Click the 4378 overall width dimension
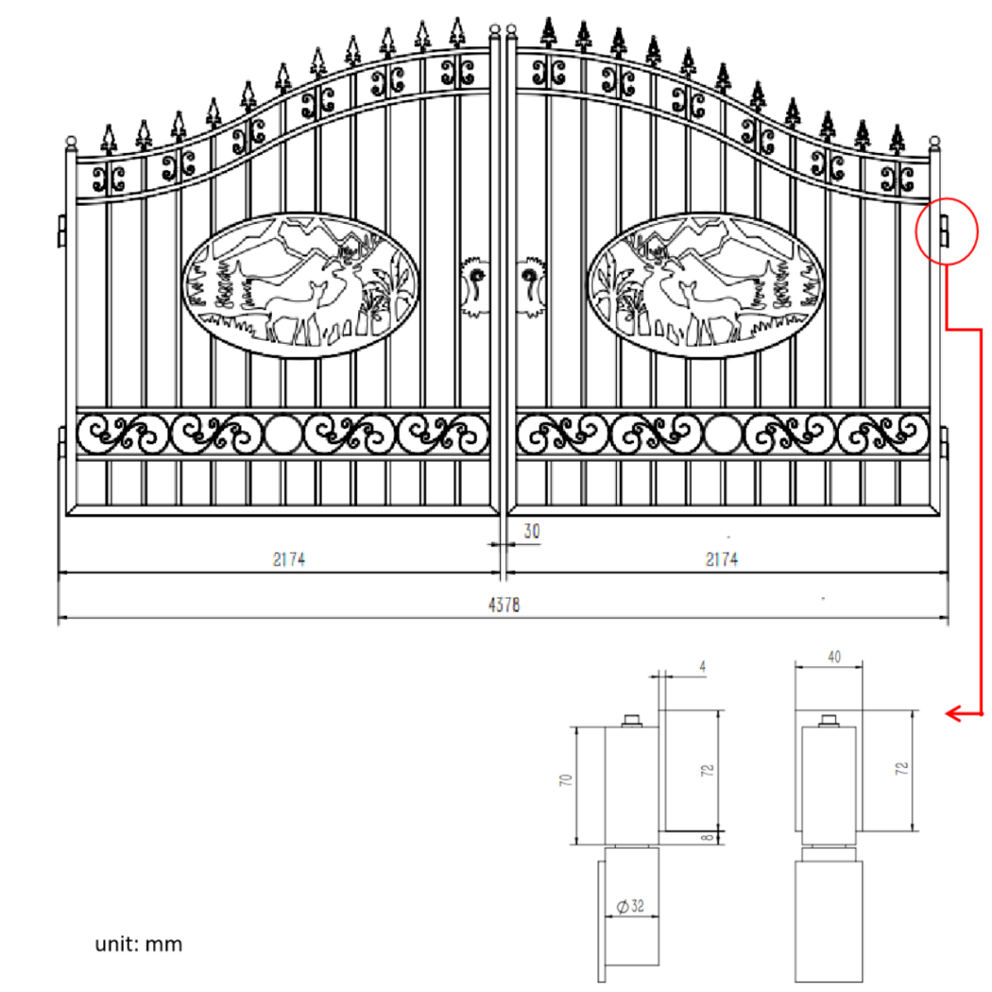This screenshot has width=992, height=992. point(503,605)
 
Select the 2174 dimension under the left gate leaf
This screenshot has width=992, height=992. point(289,560)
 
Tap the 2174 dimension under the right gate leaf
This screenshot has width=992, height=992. point(721,560)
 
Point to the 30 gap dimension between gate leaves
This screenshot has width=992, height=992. point(532,532)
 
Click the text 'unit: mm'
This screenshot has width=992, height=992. point(138,944)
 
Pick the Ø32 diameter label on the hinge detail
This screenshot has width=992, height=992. point(631,906)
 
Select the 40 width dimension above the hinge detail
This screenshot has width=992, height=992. point(834,656)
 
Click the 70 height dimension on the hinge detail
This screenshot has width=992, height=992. point(566,780)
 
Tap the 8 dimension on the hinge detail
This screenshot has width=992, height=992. point(707,837)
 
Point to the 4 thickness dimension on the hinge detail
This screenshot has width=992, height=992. point(702,666)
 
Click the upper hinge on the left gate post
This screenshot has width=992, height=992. point(62,230)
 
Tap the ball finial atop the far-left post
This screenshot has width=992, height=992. point(70,141)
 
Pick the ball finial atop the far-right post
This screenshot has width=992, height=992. point(935,141)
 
